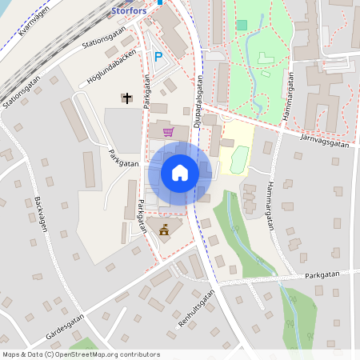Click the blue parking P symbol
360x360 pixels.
(x=158, y=57)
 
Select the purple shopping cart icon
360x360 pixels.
(x=168, y=132)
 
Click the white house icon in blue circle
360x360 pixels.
(x=179, y=172)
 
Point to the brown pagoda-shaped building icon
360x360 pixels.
(x=165, y=230)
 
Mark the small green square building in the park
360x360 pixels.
(x=242, y=25)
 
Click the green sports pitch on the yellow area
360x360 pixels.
(x=238, y=159)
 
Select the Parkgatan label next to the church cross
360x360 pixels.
(x=146, y=92)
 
